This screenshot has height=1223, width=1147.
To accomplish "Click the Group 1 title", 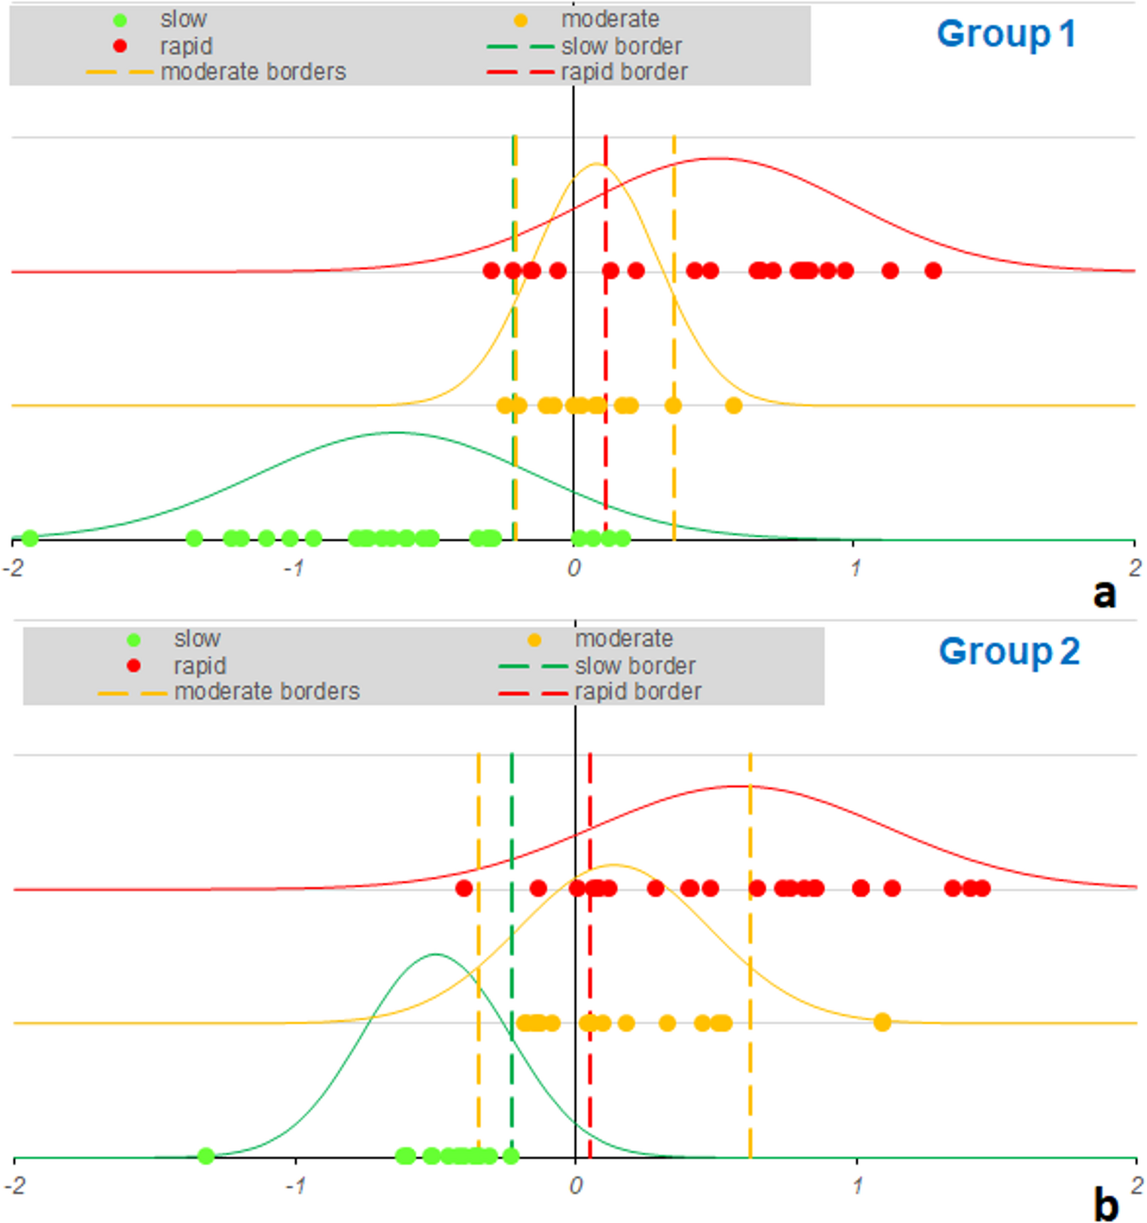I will [x=1006, y=35].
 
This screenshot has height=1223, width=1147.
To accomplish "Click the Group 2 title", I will [x=1009, y=651].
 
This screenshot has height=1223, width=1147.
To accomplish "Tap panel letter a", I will [x=1104, y=593].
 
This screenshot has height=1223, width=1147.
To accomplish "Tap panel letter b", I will [x=1105, y=1206].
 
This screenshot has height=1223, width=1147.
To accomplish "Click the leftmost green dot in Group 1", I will [x=29, y=538].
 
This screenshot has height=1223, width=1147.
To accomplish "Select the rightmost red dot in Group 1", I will [x=933, y=271].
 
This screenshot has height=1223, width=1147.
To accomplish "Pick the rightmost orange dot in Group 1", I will [x=734, y=406].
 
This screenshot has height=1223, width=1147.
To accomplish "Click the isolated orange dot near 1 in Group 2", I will [x=882, y=1022].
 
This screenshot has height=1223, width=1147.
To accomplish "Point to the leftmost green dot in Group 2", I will [x=205, y=1156].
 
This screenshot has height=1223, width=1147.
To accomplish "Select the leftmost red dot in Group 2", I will [x=464, y=888].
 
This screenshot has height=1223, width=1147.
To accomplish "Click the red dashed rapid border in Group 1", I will [x=606, y=338].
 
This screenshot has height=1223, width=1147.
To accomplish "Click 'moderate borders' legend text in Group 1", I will [x=253, y=72].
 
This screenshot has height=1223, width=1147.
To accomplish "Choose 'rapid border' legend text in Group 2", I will [x=637, y=692].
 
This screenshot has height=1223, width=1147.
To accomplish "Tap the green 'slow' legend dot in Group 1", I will [x=120, y=20].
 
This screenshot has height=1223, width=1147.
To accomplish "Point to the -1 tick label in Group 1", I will [x=294, y=569].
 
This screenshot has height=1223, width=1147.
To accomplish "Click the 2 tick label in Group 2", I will [x=1136, y=1186].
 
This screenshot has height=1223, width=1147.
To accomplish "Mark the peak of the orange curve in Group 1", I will [x=596, y=164].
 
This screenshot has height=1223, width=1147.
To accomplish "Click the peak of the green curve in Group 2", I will [x=436, y=954].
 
